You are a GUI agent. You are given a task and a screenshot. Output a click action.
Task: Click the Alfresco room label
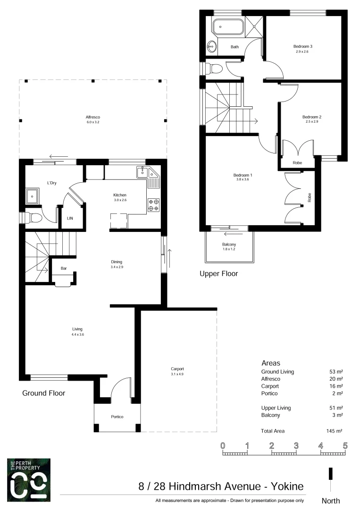click(92, 117)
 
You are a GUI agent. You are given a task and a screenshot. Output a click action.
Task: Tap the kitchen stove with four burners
click(153, 204)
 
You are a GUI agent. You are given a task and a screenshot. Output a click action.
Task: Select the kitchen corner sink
click(142, 173)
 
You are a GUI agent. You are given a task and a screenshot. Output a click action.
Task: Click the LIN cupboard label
click(70, 218)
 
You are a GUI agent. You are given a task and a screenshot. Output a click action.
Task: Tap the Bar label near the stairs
click(63, 268)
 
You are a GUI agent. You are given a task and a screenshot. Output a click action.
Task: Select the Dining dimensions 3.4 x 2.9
click(117, 267)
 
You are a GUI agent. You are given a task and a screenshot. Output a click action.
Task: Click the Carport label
click(177, 369)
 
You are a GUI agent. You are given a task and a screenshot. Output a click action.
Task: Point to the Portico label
click(117, 416)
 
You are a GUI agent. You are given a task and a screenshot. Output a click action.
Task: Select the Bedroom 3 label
click(303, 46)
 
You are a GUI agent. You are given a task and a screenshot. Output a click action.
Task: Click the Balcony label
click(229, 244)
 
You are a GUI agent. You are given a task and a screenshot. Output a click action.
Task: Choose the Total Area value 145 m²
click(335, 431)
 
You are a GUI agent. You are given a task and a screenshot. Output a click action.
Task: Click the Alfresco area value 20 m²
click(336, 379)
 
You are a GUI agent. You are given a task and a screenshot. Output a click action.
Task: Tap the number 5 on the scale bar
click(345, 445)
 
